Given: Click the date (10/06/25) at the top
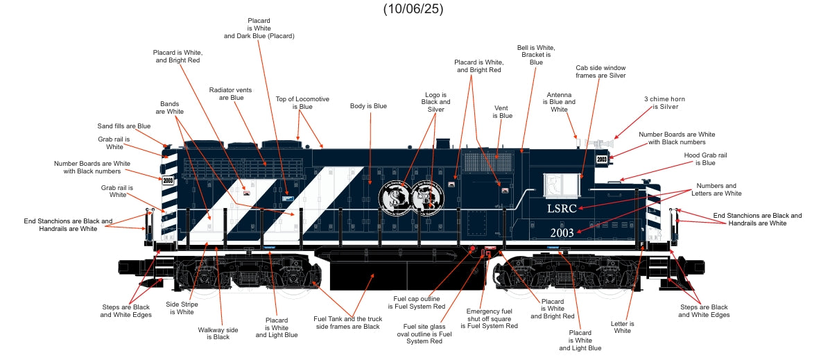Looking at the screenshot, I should pyautogui.click(x=413, y=9).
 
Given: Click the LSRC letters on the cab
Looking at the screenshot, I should pyautogui.click(x=561, y=208).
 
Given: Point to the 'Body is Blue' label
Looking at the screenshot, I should pyautogui.click(x=368, y=106).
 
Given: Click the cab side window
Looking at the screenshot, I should pyautogui.click(x=562, y=184).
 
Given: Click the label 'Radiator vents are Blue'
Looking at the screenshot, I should pyautogui.click(x=230, y=94).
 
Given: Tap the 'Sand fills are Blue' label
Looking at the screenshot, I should pyautogui.click(x=123, y=126).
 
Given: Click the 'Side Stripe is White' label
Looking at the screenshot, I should pyautogui.click(x=182, y=307).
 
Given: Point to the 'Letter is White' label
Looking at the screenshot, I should pyautogui.click(x=623, y=327).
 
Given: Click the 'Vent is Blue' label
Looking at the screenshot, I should pyautogui.click(x=503, y=112).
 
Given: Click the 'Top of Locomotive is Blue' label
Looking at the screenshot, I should pyautogui.click(x=302, y=103).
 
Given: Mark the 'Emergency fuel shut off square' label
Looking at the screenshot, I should pyautogui.click(x=489, y=318).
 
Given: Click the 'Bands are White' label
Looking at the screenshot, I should pyautogui.click(x=169, y=108).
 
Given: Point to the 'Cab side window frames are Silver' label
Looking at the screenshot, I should pyautogui.click(x=600, y=71).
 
